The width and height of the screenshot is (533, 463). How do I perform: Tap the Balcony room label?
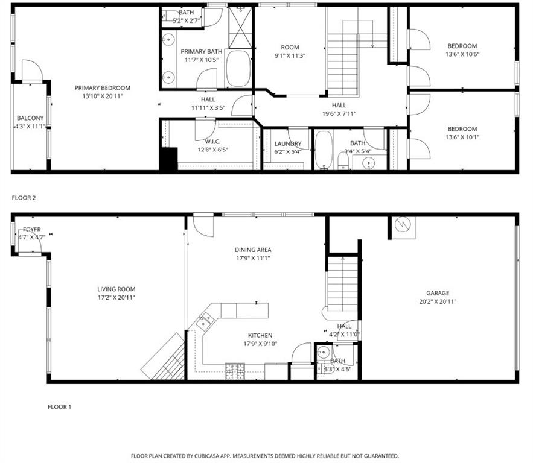coord(30,118)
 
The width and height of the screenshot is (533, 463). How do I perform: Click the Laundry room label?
coord(287,143)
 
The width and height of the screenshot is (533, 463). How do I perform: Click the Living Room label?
coord(116,289)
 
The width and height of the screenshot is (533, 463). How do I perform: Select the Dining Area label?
coord(252,250)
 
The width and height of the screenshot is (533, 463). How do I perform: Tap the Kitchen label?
coord(260,336)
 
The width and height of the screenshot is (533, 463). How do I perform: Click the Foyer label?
coord(32,230)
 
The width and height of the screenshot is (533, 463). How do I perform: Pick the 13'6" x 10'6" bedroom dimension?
coord(462,54)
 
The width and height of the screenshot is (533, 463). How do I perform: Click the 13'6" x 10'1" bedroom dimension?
coord(462,137)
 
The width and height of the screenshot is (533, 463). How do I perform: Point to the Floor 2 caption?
coord(24,197)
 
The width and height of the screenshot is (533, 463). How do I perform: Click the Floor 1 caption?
coord(59,407)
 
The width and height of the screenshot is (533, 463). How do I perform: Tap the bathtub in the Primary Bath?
coord(237,69)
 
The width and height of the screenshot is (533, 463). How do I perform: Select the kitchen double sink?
coord(205,320)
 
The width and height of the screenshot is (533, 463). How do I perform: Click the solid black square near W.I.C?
coord(168,160)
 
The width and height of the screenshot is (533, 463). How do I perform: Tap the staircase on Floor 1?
coord(343,283)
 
